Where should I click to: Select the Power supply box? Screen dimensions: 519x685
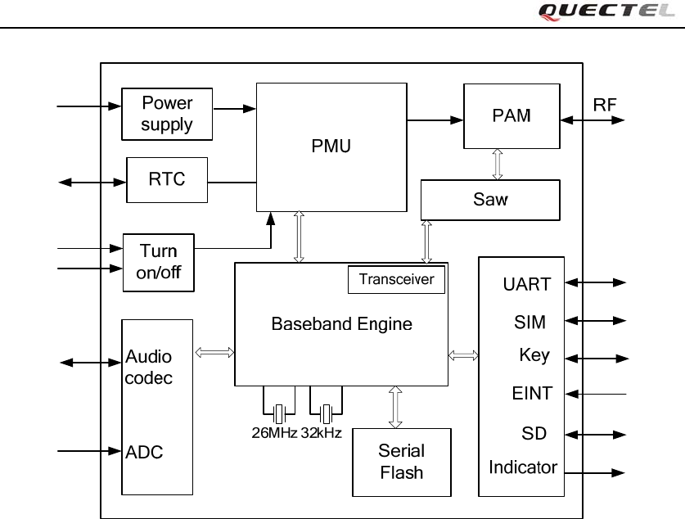pos(167,114)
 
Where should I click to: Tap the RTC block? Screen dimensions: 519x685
pos(166,179)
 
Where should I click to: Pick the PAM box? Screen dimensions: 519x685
pos(511,115)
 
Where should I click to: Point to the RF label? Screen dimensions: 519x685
pos(605,105)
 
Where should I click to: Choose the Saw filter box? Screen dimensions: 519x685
pos(490,200)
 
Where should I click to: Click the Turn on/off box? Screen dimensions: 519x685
pos(159,262)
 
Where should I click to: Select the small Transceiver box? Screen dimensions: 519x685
pos(397,279)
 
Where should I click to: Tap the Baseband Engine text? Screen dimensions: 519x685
pos(341,324)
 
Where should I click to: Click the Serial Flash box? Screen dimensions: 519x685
pos(401,462)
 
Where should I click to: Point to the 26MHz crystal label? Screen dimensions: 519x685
pos(274,432)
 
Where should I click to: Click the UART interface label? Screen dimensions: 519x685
pos(526,285)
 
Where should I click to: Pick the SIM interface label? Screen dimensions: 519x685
pos(530,322)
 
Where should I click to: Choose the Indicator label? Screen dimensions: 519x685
pos(523,467)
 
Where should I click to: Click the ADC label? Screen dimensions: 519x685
pos(146,451)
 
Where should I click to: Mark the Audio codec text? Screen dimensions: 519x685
pos(149,368)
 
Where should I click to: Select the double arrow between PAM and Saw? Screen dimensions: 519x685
pos(497,164)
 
